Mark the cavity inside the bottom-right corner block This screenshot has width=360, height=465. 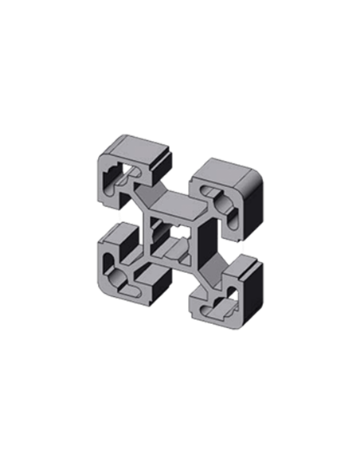point(226,303)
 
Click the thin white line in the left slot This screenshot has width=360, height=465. point(120,217)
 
